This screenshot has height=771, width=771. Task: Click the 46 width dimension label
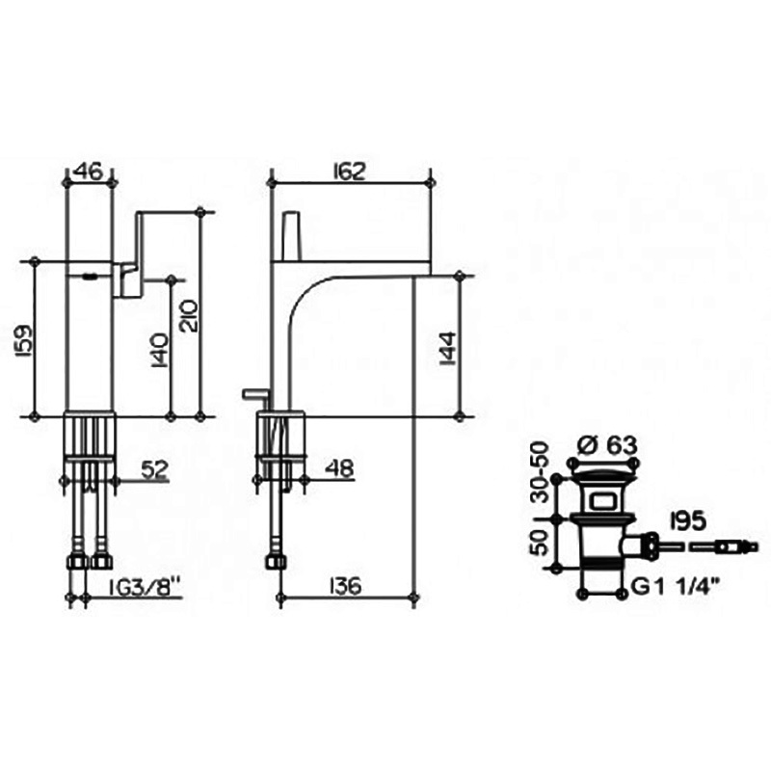coord(89,172)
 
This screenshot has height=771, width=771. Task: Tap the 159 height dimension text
coord(25,340)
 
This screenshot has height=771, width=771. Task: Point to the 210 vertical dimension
coord(188,316)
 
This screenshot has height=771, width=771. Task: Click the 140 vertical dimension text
coord(160,350)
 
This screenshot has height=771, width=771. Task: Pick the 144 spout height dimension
coord(448,348)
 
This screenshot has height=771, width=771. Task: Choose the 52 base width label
coord(155,469)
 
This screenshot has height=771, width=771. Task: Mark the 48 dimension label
coord(340,468)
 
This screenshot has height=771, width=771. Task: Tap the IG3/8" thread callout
coord(145,586)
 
